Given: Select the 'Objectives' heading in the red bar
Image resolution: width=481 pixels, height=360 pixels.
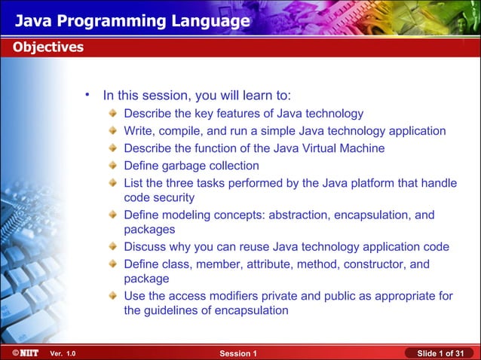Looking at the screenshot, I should point(47,47).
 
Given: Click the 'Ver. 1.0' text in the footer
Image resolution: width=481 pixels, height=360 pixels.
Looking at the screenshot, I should point(63,353).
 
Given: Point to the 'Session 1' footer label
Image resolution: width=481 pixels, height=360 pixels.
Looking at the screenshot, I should point(239,353).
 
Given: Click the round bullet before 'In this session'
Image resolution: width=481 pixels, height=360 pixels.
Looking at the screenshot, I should point(88,95).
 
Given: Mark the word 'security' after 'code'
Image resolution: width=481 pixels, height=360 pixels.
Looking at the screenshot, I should point(173,197).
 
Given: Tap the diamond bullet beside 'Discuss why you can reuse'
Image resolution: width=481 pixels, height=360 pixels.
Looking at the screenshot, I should point(112,248).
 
